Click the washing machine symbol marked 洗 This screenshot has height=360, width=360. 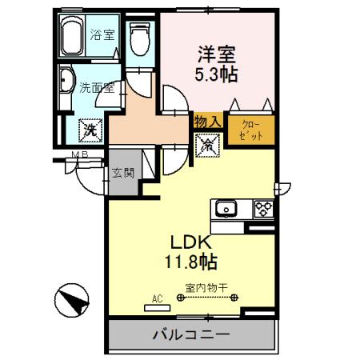click(88, 127)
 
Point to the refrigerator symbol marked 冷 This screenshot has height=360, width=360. click(206, 145)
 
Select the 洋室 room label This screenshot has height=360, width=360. click(216, 56)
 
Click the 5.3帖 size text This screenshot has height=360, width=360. click(216, 74)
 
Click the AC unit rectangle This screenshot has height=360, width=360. click(158, 308)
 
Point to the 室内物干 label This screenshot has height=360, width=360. click(206, 287)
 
